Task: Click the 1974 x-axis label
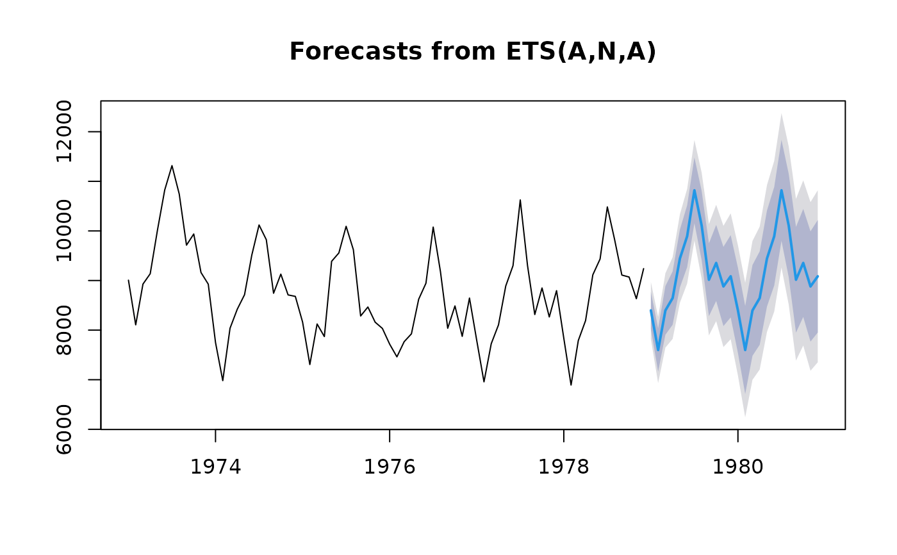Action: pos(215,467)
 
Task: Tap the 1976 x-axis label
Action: pos(390,467)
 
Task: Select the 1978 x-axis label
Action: pos(564,467)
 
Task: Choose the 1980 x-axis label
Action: pos(738,467)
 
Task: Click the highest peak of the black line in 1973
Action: pos(172,165)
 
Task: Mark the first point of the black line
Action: pos(128,280)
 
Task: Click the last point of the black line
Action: pos(643,269)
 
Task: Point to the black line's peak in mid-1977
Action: pos(520,200)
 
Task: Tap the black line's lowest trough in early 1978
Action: pos(571,385)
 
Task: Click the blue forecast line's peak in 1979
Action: pos(694,190)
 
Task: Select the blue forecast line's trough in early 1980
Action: pos(745,350)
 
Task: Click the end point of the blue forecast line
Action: pos(818,276)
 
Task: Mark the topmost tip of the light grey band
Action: pos(781,113)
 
